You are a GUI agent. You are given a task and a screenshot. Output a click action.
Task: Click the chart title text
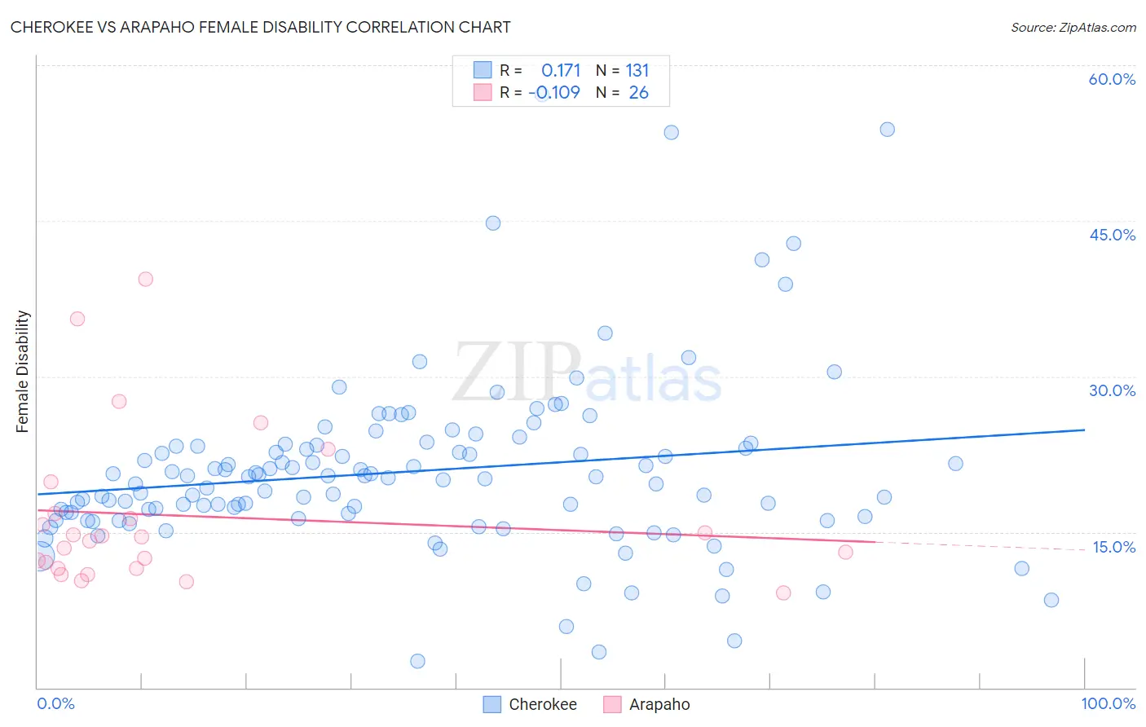pyautogui.click(x=261, y=27)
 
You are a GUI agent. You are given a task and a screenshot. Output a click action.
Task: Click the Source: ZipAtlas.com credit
pyautogui.click(x=1073, y=27)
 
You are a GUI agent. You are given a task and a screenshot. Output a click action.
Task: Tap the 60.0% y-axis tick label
pyautogui.click(x=1112, y=79)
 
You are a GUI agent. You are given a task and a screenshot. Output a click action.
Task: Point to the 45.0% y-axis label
pyautogui.click(x=1112, y=235)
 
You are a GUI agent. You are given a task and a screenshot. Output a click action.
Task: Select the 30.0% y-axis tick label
pyautogui.click(x=1112, y=390)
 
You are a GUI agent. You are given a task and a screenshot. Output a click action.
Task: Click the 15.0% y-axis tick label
pyautogui.click(x=1113, y=547)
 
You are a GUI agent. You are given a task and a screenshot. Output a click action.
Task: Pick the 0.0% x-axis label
pyautogui.click(x=55, y=703)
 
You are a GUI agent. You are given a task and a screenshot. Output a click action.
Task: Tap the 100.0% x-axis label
pyautogui.click(x=1108, y=703)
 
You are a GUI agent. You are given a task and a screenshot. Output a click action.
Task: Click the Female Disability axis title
pyautogui.click(x=23, y=371)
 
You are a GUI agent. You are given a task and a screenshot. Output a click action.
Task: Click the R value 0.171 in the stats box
pyautogui.click(x=561, y=71)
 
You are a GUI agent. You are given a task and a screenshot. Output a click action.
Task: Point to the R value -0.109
pyautogui.click(x=554, y=93)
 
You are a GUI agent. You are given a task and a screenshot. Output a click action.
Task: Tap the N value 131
pyautogui.click(x=637, y=71)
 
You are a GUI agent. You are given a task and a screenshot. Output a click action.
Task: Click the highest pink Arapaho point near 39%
pyautogui.click(x=146, y=279)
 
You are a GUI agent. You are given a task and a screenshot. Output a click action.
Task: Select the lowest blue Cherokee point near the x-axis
pyautogui.click(x=417, y=661)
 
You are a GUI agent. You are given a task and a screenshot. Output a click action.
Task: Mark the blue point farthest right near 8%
pyautogui.click(x=1051, y=600)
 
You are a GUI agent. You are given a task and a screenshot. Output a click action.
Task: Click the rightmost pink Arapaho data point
pyautogui.click(x=845, y=552)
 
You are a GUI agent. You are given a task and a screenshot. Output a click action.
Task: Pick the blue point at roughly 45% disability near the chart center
pyautogui.click(x=493, y=223)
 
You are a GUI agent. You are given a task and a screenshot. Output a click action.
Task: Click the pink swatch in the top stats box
pyautogui.click(x=483, y=92)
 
